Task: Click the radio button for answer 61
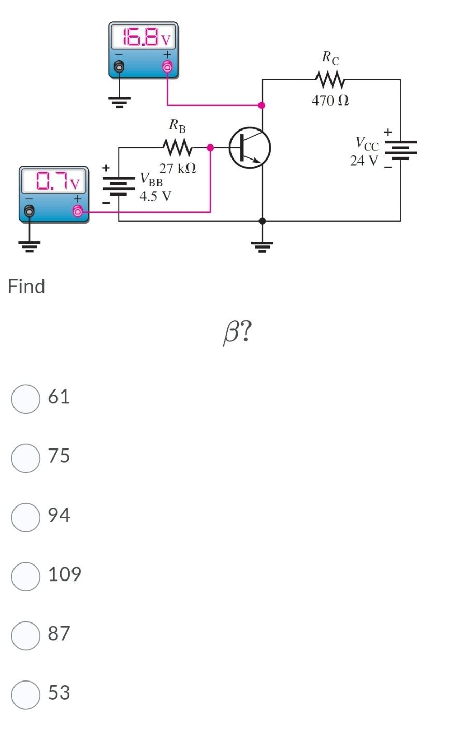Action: tap(26, 399)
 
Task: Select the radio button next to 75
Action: tap(26, 458)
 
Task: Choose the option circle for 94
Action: tap(26, 517)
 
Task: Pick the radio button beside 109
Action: tap(26, 576)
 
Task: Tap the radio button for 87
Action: tap(26, 635)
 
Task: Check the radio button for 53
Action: tap(26, 694)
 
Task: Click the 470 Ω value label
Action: tap(330, 100)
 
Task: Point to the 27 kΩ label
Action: tap(178, 168)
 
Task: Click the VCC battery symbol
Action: tap(400, 150)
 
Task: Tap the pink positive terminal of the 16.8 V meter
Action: tap(167, 67)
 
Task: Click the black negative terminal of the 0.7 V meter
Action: tap(30, 211)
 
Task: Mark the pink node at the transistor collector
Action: tap(262, 105)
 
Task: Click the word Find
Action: tap(26, 286)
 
